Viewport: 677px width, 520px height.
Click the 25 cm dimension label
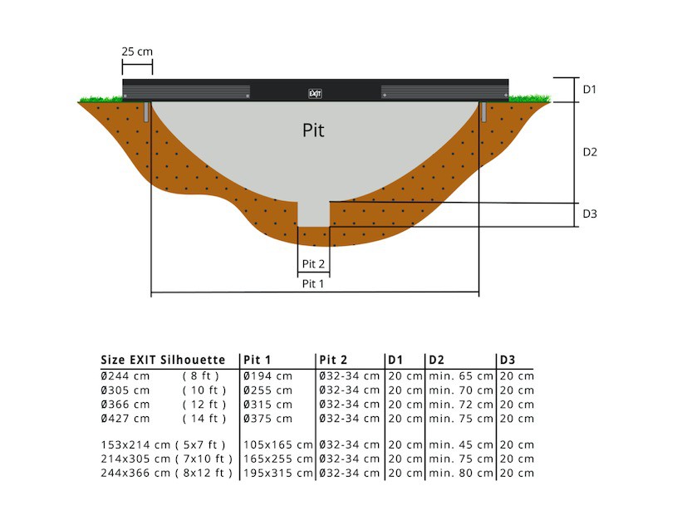tap(137, 52)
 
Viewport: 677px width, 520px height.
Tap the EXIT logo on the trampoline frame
tap(315, 93)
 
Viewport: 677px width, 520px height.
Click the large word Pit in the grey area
tap(313, 130)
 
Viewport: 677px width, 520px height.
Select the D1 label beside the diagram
tap(589, 90)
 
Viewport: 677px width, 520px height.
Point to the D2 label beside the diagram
tap(590, 152)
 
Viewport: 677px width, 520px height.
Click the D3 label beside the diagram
tap(590, 213)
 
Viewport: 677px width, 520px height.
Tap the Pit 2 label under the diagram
tap(313, 264)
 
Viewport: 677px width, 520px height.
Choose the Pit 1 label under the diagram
tap(312, 284)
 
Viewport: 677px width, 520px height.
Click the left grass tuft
tap(101, 99)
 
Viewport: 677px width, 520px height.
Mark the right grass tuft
tap(530, 98)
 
